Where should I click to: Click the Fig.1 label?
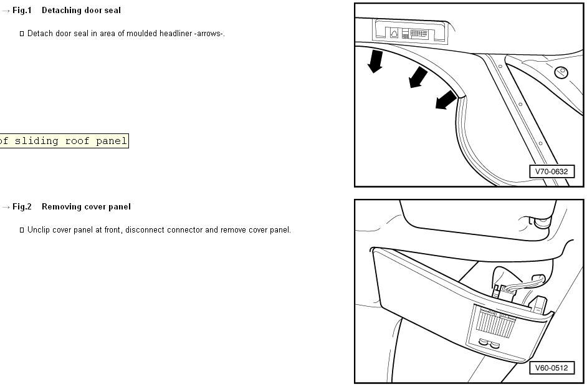(x=22, y=11)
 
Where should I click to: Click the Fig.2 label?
(x=22, y=207)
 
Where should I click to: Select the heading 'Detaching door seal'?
(x=81, y=11)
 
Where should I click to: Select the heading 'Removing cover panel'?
(x=86, y=207)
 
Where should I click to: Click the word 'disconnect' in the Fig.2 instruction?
(x=146, y=230)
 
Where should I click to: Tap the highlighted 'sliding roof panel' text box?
(x=64, y=141)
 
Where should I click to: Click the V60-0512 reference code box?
(x=551, y=368)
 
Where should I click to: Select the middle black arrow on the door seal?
(x=418, y=77)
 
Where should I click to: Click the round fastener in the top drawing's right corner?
(x=561, y=72)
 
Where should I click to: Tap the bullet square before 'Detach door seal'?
(x=22, y=34)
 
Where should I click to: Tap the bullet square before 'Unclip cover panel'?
(x=22, y=231)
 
